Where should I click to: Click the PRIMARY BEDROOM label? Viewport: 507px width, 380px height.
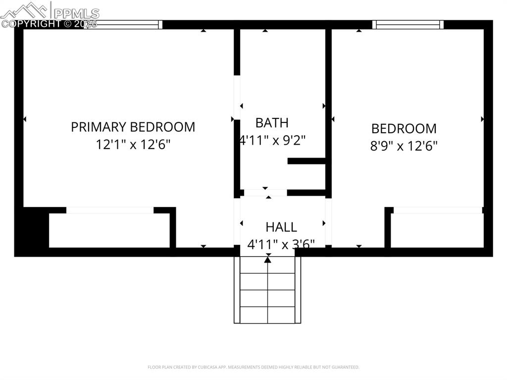pos(133,127)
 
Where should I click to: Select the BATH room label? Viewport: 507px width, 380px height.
pos(272,122)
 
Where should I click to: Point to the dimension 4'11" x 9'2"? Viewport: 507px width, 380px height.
pos(272,140)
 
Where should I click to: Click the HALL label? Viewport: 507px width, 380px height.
pos(281,227)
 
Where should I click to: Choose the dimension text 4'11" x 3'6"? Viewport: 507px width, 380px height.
pos(281,244)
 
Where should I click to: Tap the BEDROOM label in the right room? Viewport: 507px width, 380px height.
pos(404,128)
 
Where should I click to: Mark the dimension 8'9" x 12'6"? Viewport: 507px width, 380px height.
pos(404,146)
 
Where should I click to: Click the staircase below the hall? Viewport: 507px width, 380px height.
pos(267,292)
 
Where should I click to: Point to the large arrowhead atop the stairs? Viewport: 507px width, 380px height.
pos(268,259)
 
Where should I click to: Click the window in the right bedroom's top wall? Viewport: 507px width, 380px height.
pos(407,24)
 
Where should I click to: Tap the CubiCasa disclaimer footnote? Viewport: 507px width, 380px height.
pos(253,367)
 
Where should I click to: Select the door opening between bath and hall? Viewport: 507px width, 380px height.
pos(265,192)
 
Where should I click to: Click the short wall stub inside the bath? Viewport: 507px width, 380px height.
pos(306,161)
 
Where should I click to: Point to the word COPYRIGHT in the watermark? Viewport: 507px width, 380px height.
pos(31,23)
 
